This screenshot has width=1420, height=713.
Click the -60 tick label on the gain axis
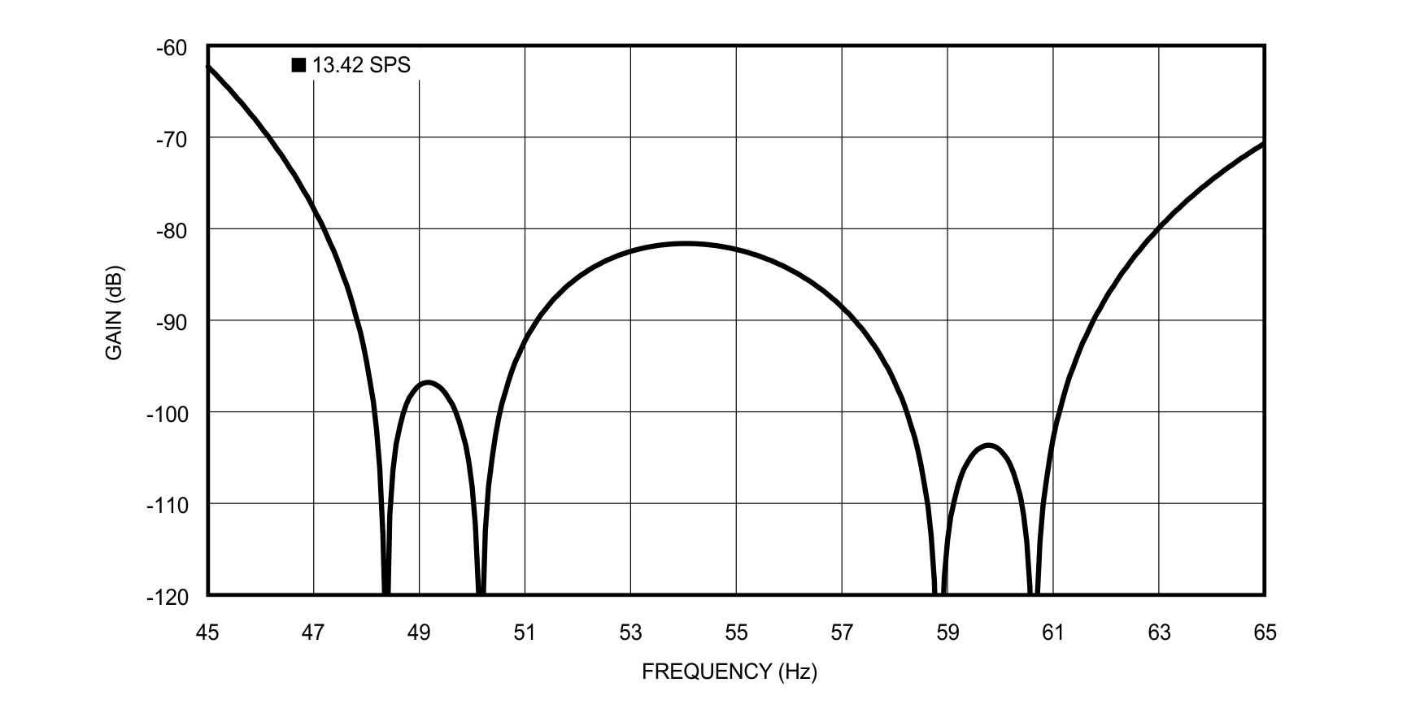[x=171, y=48]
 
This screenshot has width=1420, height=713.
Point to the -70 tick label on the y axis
[x=171, y=139]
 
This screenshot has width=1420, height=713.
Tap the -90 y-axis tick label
[x=171, y=323]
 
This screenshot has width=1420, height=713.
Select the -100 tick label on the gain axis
[x=168, y=415]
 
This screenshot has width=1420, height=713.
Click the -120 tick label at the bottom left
[x=168, y=598]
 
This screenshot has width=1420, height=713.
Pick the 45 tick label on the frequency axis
[x=207, y=633]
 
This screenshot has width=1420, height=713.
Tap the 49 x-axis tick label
[x=419, y=633]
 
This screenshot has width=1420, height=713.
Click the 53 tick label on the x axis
[x=630, y=633]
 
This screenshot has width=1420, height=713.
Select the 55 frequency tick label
[x=736, y=633]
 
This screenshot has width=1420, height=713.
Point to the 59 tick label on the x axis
[x=947, y=633]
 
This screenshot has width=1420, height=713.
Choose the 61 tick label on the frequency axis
[x=1053, y=633]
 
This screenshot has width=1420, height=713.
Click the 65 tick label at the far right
[x=1265, y=633]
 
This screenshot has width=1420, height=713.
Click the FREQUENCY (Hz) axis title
[x=730, y=672]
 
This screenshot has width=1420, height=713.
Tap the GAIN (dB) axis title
[x=114, y=313]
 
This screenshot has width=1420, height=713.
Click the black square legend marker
[x=298, y=66]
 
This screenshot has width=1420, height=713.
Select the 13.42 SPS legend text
[x=362, y=66]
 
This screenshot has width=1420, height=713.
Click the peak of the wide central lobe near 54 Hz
[x=686, y=243]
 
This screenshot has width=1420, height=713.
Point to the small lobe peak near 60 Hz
[x=989, y=445]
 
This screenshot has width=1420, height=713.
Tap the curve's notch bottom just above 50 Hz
[x=481, y=592]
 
